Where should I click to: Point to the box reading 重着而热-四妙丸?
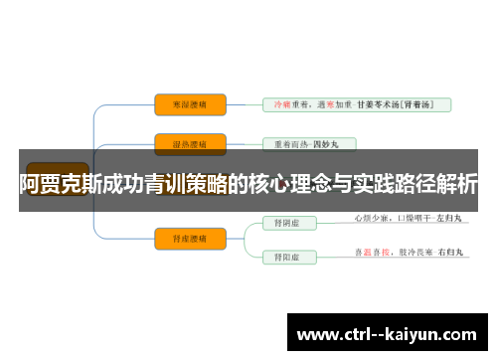307,144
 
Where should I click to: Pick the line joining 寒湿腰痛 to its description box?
245,104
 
